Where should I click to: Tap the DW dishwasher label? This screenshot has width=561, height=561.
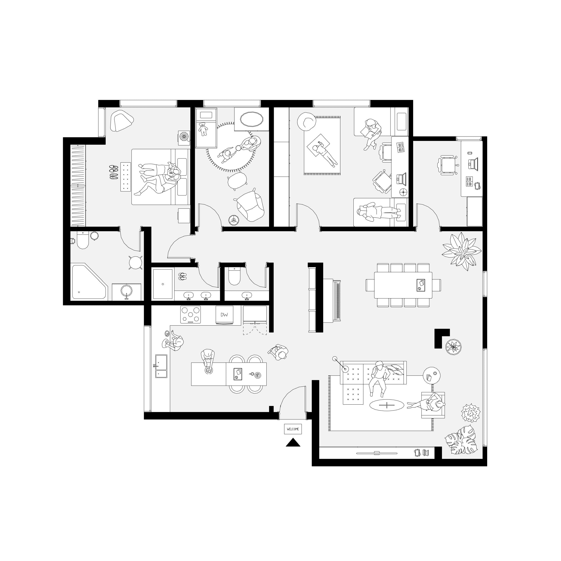[224, 314]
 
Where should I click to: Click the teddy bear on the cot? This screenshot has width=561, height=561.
[203, 129]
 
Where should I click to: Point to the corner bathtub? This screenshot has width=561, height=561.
[87, 282]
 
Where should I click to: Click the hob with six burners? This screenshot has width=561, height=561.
[191, 314]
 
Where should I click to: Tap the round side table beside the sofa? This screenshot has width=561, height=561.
[432, 375]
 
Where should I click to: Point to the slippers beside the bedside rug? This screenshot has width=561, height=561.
[114, 172]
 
